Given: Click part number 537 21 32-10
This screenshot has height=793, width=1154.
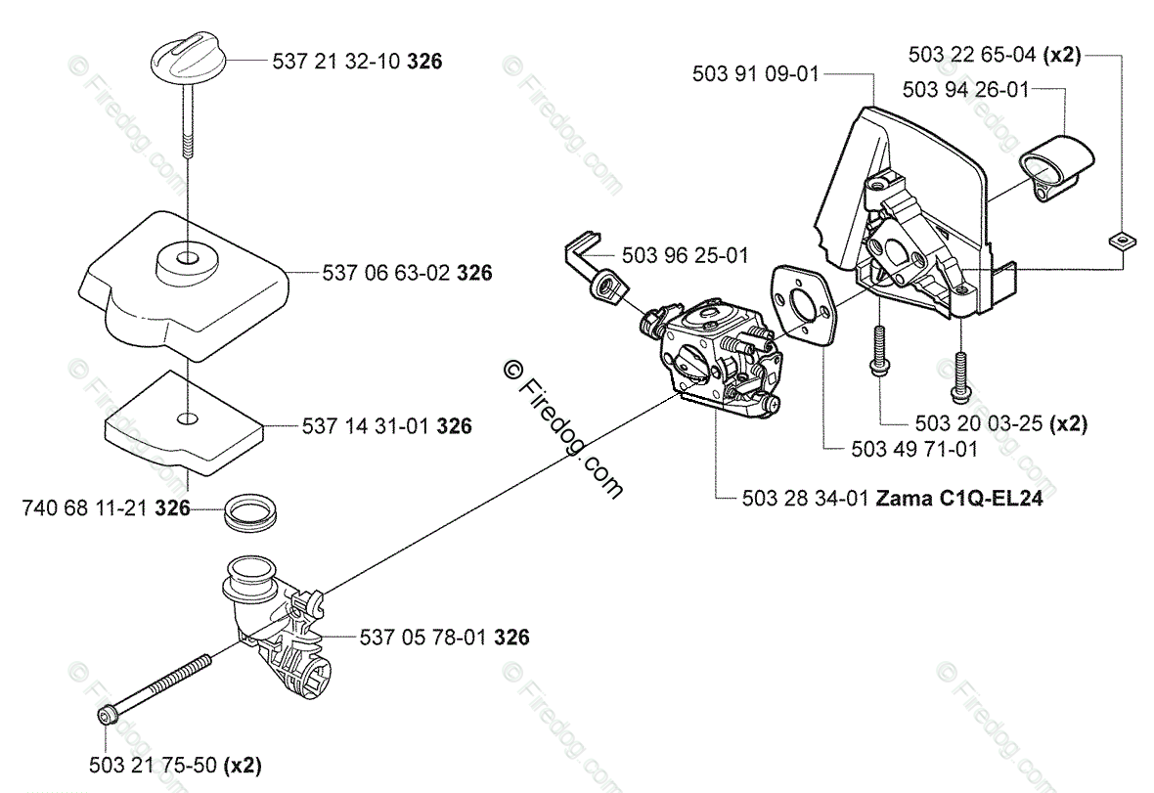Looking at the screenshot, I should click(333, 62).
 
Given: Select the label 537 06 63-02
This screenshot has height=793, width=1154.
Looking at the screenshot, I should click(386, 275).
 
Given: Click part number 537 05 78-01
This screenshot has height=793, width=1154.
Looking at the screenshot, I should click(422, 638).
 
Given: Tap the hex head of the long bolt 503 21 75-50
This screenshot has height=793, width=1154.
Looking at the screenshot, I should click(105, 716).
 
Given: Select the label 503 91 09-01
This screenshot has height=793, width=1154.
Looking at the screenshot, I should click(754, 73).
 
